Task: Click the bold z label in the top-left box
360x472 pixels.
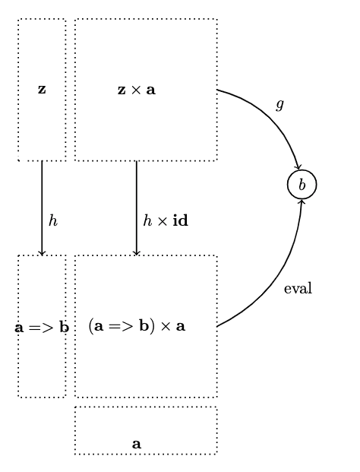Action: point(42,90)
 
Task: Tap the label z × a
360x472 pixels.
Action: point(137,90)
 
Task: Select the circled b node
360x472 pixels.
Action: point(302,185)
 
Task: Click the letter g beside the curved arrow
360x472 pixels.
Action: point(279,105)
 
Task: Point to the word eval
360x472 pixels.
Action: point(298,288)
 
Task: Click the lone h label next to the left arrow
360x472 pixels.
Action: point(53,220)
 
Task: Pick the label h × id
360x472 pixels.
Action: point(166,220)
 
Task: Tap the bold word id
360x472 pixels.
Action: point(181,220)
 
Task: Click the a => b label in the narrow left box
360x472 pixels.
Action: point(42,328)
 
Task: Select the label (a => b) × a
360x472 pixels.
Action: point(137,326)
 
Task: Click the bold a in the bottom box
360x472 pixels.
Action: point(137,444)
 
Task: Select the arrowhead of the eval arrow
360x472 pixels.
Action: point(302,201)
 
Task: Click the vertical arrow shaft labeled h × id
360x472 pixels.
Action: point(137,208)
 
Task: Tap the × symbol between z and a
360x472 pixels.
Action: point(136,90)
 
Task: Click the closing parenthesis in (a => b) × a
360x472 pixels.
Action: point(153,326)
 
